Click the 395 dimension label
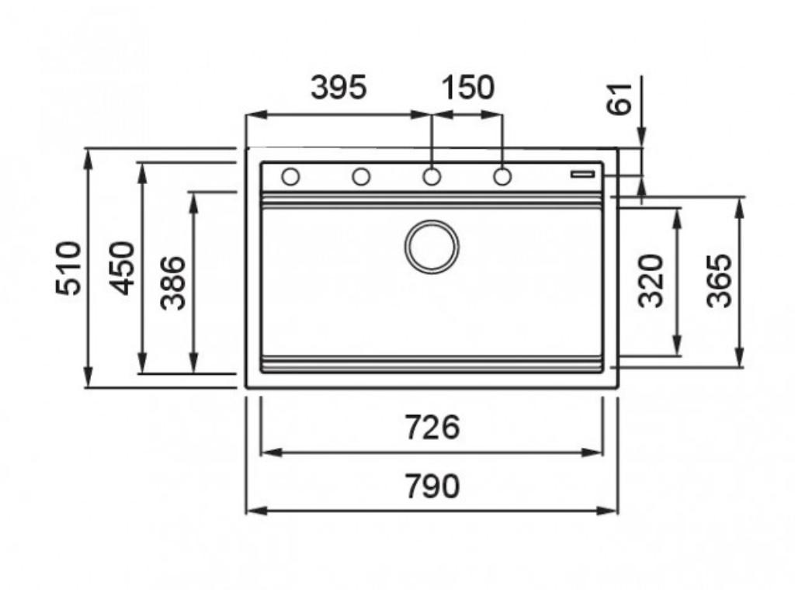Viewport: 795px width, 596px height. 338,87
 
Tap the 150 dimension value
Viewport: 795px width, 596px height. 467,87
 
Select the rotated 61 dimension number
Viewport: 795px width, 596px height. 620,99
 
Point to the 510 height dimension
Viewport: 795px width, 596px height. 68,268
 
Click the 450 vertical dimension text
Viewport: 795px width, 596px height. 123,268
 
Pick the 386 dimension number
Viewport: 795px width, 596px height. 173,282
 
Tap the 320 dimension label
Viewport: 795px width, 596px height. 651,281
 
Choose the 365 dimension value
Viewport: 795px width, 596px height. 720,281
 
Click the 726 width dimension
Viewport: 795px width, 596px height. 432,427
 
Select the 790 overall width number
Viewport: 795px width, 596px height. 432,486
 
